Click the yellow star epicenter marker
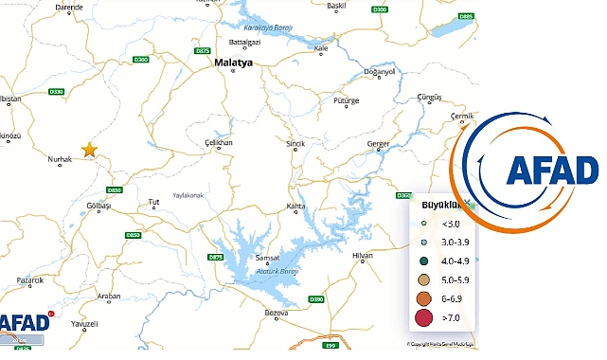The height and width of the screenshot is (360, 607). point(89,149)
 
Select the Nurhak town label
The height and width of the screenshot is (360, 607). point(60,159)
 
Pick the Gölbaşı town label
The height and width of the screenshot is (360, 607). point(98,205)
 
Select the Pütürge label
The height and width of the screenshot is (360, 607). point(348,99)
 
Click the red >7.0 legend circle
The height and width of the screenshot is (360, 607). point(424,318)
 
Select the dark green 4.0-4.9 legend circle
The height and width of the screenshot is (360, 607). point(424,261)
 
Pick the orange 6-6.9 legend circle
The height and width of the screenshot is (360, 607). point(424,298)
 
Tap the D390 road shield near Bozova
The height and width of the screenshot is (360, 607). point(317,300)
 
